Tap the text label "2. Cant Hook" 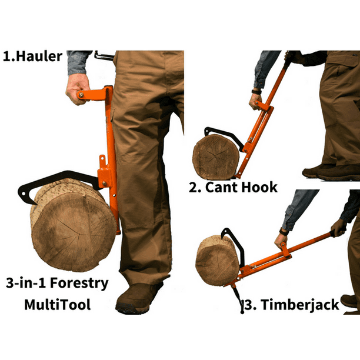233,188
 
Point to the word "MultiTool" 53,305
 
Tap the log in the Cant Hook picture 216,156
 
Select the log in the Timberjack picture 217,260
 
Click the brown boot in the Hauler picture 139,298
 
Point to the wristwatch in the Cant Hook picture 256,92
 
